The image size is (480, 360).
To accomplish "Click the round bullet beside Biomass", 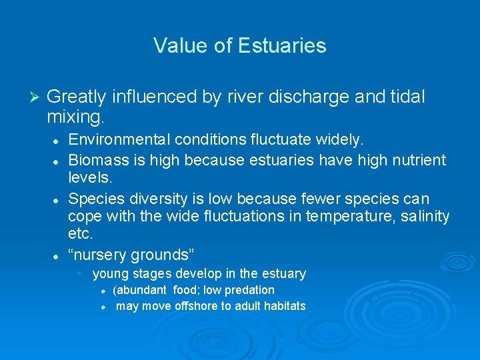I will point(59,161).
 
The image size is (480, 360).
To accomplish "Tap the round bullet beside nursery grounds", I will point(59,255).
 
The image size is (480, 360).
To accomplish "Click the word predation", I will point(249,290).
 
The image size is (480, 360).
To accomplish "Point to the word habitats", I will point(282,307).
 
